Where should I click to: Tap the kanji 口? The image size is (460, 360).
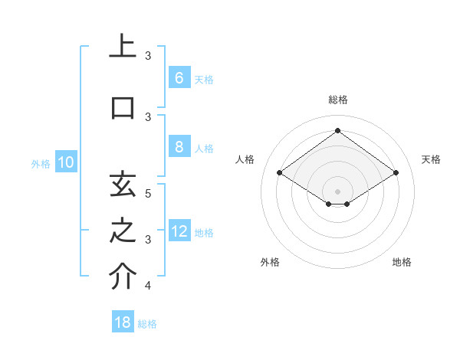click(x=123, y=107)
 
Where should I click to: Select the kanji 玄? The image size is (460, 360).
click(x=123, y=185)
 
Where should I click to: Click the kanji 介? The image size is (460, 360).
click(x=123, y=277)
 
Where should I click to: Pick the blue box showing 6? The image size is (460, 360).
click(x=179, y=77)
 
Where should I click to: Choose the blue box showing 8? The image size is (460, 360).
click(x=179, y=147)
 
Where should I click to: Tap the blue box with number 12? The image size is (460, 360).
click(x=179, y=231)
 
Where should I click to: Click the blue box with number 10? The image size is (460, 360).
click(x=66, y=162)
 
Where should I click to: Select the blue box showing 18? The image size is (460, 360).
click(x=123, y=322)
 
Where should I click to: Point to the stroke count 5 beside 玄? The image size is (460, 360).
click(x=149, y=193)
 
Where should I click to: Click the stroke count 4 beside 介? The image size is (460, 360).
click(x=149, y=286)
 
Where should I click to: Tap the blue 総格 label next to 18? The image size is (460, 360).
click(x=147, y=324)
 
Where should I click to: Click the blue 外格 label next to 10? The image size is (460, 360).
click(x=41, y=163)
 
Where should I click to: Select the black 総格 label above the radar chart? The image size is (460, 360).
click(x=337, y=100)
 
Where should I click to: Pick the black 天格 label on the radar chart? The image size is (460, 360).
click(x=431, y=159)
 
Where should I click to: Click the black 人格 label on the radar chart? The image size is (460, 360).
click(x=245, y=159)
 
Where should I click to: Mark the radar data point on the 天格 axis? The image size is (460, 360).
click(x=396, y=173)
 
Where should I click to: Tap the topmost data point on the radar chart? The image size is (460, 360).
click(x=337, y=130)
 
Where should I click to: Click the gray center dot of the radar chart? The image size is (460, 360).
click(x=337, y=190)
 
